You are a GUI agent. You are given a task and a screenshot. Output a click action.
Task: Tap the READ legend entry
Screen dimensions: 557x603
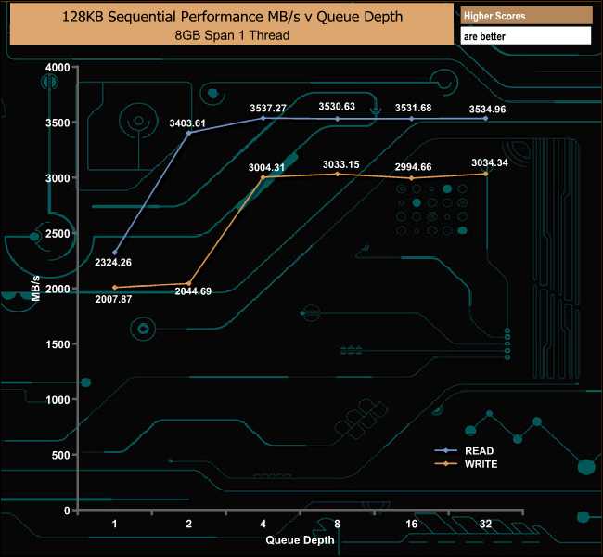click(x=479, y=450)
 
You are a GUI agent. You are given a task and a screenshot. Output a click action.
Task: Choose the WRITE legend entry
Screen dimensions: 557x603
click(x=481, y=463)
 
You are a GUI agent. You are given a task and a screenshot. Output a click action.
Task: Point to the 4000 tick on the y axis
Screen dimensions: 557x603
click(x=58, y=68)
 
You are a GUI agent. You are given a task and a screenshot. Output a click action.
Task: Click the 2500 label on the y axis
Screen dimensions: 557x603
click(x=58, y=234)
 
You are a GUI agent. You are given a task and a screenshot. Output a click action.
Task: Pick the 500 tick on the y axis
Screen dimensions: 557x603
click(x=61, y=455)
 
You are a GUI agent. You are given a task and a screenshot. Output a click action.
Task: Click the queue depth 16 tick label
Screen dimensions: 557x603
click(x=411, y=524)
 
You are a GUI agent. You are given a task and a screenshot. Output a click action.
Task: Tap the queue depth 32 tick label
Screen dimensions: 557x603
click(x=485, y=524)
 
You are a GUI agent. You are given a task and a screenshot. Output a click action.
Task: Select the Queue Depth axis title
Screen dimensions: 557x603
click(x=300, y=538)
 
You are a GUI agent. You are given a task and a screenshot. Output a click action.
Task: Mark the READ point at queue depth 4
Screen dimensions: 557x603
click(x=263, y=118)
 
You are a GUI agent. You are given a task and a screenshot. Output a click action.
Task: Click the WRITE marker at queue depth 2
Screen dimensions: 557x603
click(x=189, y=284)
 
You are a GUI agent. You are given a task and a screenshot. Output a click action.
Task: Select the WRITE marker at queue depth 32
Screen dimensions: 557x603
click(x=485, y=174)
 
